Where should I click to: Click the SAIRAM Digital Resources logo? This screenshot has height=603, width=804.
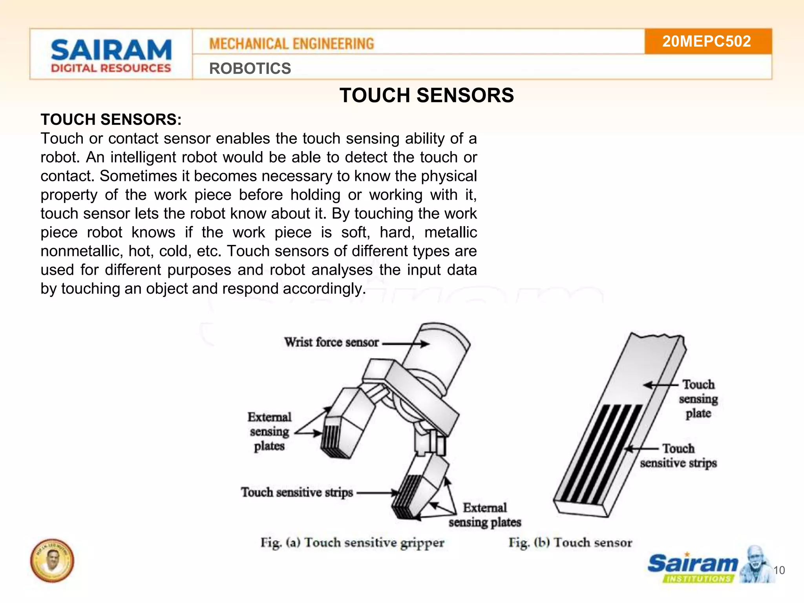(111, 55)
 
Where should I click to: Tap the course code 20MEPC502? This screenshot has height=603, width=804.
(707, 41)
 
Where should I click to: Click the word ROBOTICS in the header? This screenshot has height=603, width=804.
(250, 68)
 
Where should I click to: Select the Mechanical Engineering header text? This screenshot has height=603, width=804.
(292, 44)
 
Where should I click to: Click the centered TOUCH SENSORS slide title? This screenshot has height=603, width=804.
(427, 95)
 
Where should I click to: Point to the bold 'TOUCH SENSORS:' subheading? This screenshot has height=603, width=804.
(111, 119)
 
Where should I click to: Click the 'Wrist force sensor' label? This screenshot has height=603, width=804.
(332, 342)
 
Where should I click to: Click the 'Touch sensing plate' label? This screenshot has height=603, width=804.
(698, 398)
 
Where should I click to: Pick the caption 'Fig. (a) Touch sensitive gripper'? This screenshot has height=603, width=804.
(352, 543)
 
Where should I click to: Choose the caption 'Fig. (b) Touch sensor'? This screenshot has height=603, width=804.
(570, 543)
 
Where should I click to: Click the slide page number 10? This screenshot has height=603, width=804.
(779, 570)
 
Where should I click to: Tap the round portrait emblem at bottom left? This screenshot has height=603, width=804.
(52, 560)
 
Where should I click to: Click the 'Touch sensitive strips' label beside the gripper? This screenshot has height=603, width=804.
(297, 492)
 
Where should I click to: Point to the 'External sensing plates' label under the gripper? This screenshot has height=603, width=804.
(485, 515)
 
